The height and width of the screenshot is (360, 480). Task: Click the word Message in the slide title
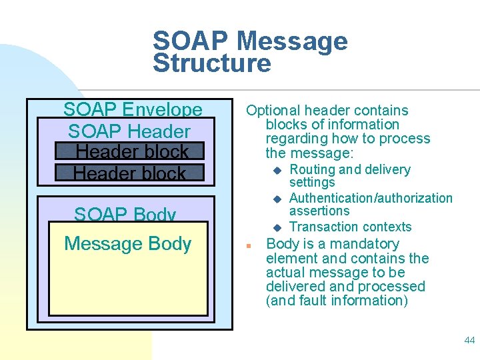click(x=292, y=41)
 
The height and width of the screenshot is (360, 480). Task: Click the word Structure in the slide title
click(x=212, y=63)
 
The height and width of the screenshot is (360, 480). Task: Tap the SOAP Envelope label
click(x=133, y=109)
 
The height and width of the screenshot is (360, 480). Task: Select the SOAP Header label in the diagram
click(x=129, y=131)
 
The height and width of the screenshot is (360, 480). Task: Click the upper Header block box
click(x=129, y=151)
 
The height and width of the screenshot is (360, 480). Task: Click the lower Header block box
click(x=129, y=173)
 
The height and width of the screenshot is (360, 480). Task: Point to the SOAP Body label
click(x=125, y=215)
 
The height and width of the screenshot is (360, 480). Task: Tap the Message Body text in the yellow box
click(x=128, y=244)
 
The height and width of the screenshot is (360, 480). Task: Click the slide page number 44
click(x=469, y=340)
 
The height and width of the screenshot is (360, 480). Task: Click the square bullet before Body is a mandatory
click(x=247, y=245)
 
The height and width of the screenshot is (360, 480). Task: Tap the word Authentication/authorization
click(x=371, y=198)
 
